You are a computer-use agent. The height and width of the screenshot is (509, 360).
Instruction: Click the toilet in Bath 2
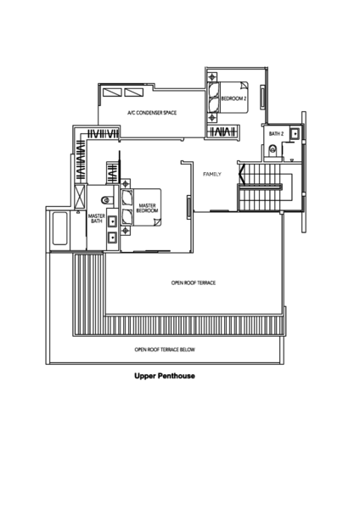pyautogui.click(x=273, y=150)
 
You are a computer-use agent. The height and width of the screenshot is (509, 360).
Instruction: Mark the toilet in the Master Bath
pyautogui.click(x=107, y=200)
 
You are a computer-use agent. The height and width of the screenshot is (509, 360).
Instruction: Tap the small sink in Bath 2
pyautogui.click(x=294, y=133)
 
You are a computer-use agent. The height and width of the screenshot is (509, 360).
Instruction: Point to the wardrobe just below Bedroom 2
pyautogui.click(x=222, y=131)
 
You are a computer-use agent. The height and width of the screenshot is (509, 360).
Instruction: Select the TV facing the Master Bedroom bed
pyautogui.click(x=187, y=204)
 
